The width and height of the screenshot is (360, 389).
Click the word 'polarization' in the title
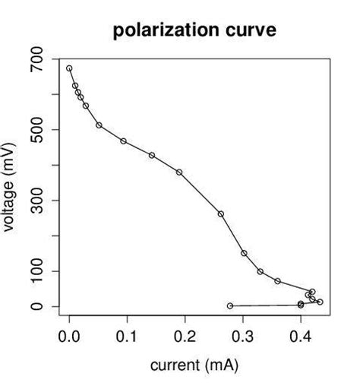[x=158, y=31]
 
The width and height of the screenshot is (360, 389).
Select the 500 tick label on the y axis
[x=35, y=130]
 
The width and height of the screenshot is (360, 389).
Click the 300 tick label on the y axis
[x=35, y=201]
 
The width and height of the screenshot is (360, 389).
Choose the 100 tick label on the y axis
[x=35, y=271]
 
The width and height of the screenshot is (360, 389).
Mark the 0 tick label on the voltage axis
[x=35, y=306]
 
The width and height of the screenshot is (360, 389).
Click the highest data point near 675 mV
[x=69, y=68]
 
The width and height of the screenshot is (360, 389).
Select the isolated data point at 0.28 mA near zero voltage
[x=230, y=305]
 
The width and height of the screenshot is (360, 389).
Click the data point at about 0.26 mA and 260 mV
[x=221, y=214]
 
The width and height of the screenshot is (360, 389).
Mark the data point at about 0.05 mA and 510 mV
[x=99, y=125]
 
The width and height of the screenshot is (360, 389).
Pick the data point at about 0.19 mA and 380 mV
[x=179, y=172]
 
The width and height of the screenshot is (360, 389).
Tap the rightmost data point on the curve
[x=320, y=302]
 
